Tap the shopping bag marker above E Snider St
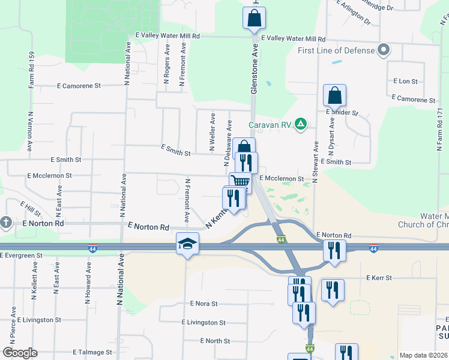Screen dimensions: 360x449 tap(334, 95)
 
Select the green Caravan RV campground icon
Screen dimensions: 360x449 tap(301, 125)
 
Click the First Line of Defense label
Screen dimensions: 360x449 tap(337, 50)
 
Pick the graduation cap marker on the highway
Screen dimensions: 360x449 tap(187, 244)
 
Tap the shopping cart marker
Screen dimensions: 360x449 tap(240, 181)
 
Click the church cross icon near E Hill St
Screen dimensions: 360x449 tap(6, 222)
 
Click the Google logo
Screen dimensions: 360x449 tap(20, 353)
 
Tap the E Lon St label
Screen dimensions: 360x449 tap(405, 81)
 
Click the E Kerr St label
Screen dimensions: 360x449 tap(379, 278)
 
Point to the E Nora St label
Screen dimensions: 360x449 tap(203, 304)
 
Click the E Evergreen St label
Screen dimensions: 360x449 tap(22, 256)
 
